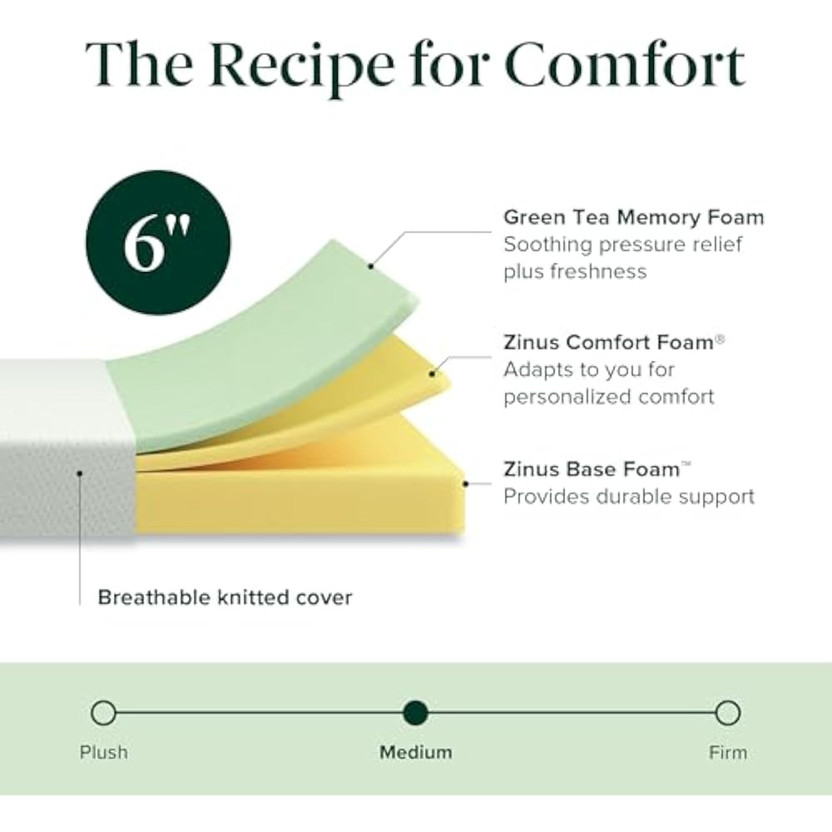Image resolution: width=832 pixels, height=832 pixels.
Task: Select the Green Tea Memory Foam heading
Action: [633, 218]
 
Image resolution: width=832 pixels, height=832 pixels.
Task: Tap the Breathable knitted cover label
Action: [225, 597]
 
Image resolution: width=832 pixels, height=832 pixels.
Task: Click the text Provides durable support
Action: [628, 497]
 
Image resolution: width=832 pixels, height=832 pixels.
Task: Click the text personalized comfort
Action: [608, 396]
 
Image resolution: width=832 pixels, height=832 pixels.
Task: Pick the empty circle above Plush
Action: [103, 713]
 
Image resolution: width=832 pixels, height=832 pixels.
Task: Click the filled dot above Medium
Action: [415, 713]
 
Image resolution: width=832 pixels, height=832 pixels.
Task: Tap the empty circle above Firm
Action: [727, 713]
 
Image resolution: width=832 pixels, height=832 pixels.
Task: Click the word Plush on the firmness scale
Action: [104, 753]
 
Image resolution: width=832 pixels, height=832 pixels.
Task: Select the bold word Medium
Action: [416, 753]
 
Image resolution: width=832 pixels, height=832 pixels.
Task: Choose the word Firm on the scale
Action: [728, 753]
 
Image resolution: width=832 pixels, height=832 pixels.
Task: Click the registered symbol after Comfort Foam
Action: [720, 337]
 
